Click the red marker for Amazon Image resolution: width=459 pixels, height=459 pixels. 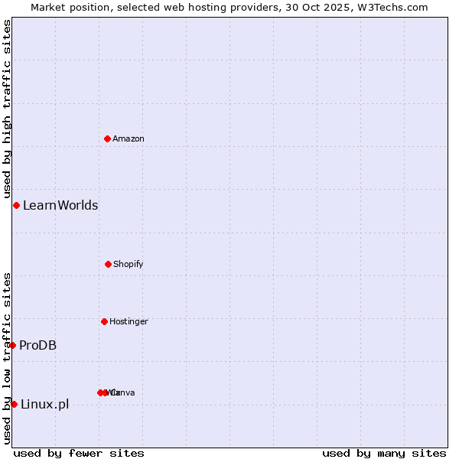coord(107,138)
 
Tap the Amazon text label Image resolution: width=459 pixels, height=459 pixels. coord(129,138)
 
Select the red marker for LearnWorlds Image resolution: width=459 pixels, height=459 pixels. coord(16,205)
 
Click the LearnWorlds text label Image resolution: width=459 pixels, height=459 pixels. coord(60,205)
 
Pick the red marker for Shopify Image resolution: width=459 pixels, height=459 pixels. coord(108,264)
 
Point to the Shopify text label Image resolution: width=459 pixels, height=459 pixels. coord(129,264)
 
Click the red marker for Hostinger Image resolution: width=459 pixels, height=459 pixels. coord(104,321)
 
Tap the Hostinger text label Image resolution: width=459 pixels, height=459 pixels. coord(129,321)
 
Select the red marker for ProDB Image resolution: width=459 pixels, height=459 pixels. coord(12,345)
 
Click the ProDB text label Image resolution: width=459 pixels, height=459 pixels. coord(38,345)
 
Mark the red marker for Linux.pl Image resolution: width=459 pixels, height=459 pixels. coord(14,404)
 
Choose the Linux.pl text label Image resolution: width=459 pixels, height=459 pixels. coord(44,404)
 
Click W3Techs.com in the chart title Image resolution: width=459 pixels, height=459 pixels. coord(396,7)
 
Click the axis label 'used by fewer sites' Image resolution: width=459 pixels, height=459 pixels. coord(79,453)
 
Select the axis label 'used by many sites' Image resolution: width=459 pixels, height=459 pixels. coord(384,453)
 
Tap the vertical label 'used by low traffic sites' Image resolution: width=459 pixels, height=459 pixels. coord(7,358)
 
